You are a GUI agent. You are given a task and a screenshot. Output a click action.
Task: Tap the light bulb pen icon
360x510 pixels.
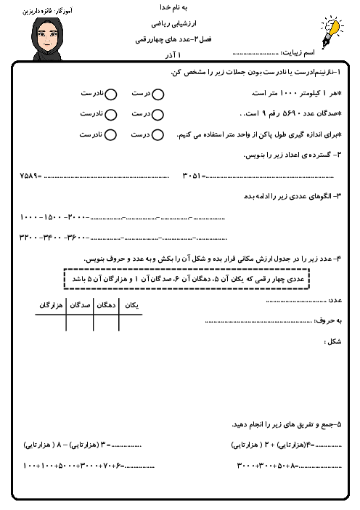[x=331, y=31]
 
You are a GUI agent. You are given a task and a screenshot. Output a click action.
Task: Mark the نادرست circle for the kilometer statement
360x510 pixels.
[x=111, y=94]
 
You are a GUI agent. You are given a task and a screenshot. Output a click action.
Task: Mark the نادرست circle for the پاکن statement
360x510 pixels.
[x=111, y=134]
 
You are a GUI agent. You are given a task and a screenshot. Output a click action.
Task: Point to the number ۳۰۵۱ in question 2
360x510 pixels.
[x=193, y=176]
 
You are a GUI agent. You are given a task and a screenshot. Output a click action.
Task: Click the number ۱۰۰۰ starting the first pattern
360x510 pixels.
[x=33, y=217]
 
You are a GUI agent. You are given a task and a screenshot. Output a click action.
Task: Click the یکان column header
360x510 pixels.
[x=132, y=307]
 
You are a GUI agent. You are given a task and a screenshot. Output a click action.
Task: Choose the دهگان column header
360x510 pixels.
[x=107, y=307]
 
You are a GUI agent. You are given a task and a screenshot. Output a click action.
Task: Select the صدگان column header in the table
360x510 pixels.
[x=80, y=307]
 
